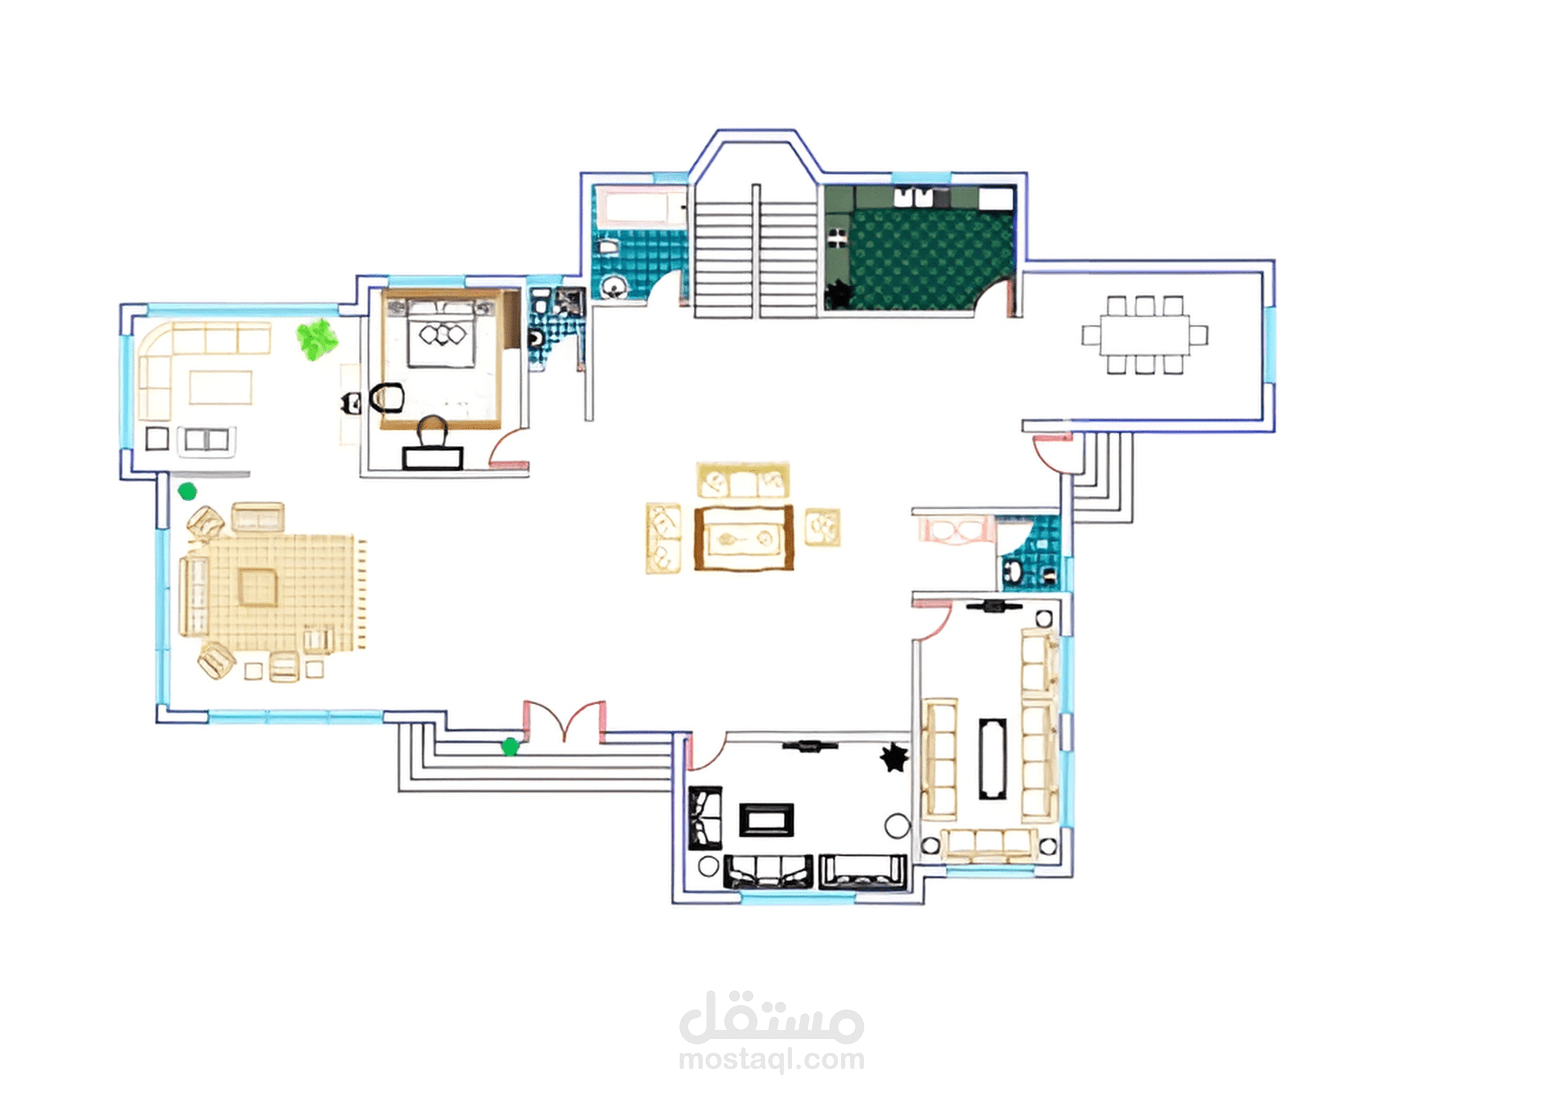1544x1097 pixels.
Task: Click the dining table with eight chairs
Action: (1145, 335)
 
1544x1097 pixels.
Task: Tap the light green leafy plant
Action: (317, 338)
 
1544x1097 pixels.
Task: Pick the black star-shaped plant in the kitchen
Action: (838, 294)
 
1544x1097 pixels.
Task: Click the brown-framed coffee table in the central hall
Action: (744, 538)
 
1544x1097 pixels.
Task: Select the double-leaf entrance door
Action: (564, 721)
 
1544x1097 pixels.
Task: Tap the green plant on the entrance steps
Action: (510, 747)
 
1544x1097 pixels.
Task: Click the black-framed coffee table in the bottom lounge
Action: (767, 820)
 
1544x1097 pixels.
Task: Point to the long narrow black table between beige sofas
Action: (993, 758)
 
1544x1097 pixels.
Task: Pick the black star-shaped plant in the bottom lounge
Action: (895, 757)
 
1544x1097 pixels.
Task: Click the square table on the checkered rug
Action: (258, 587)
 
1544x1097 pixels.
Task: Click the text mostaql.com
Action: (771, 1060)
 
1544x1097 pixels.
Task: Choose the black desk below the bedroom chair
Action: (433, 458)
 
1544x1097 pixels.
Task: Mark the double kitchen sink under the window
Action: (912, 197)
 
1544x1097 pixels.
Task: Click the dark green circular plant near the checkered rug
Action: (187, 491)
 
